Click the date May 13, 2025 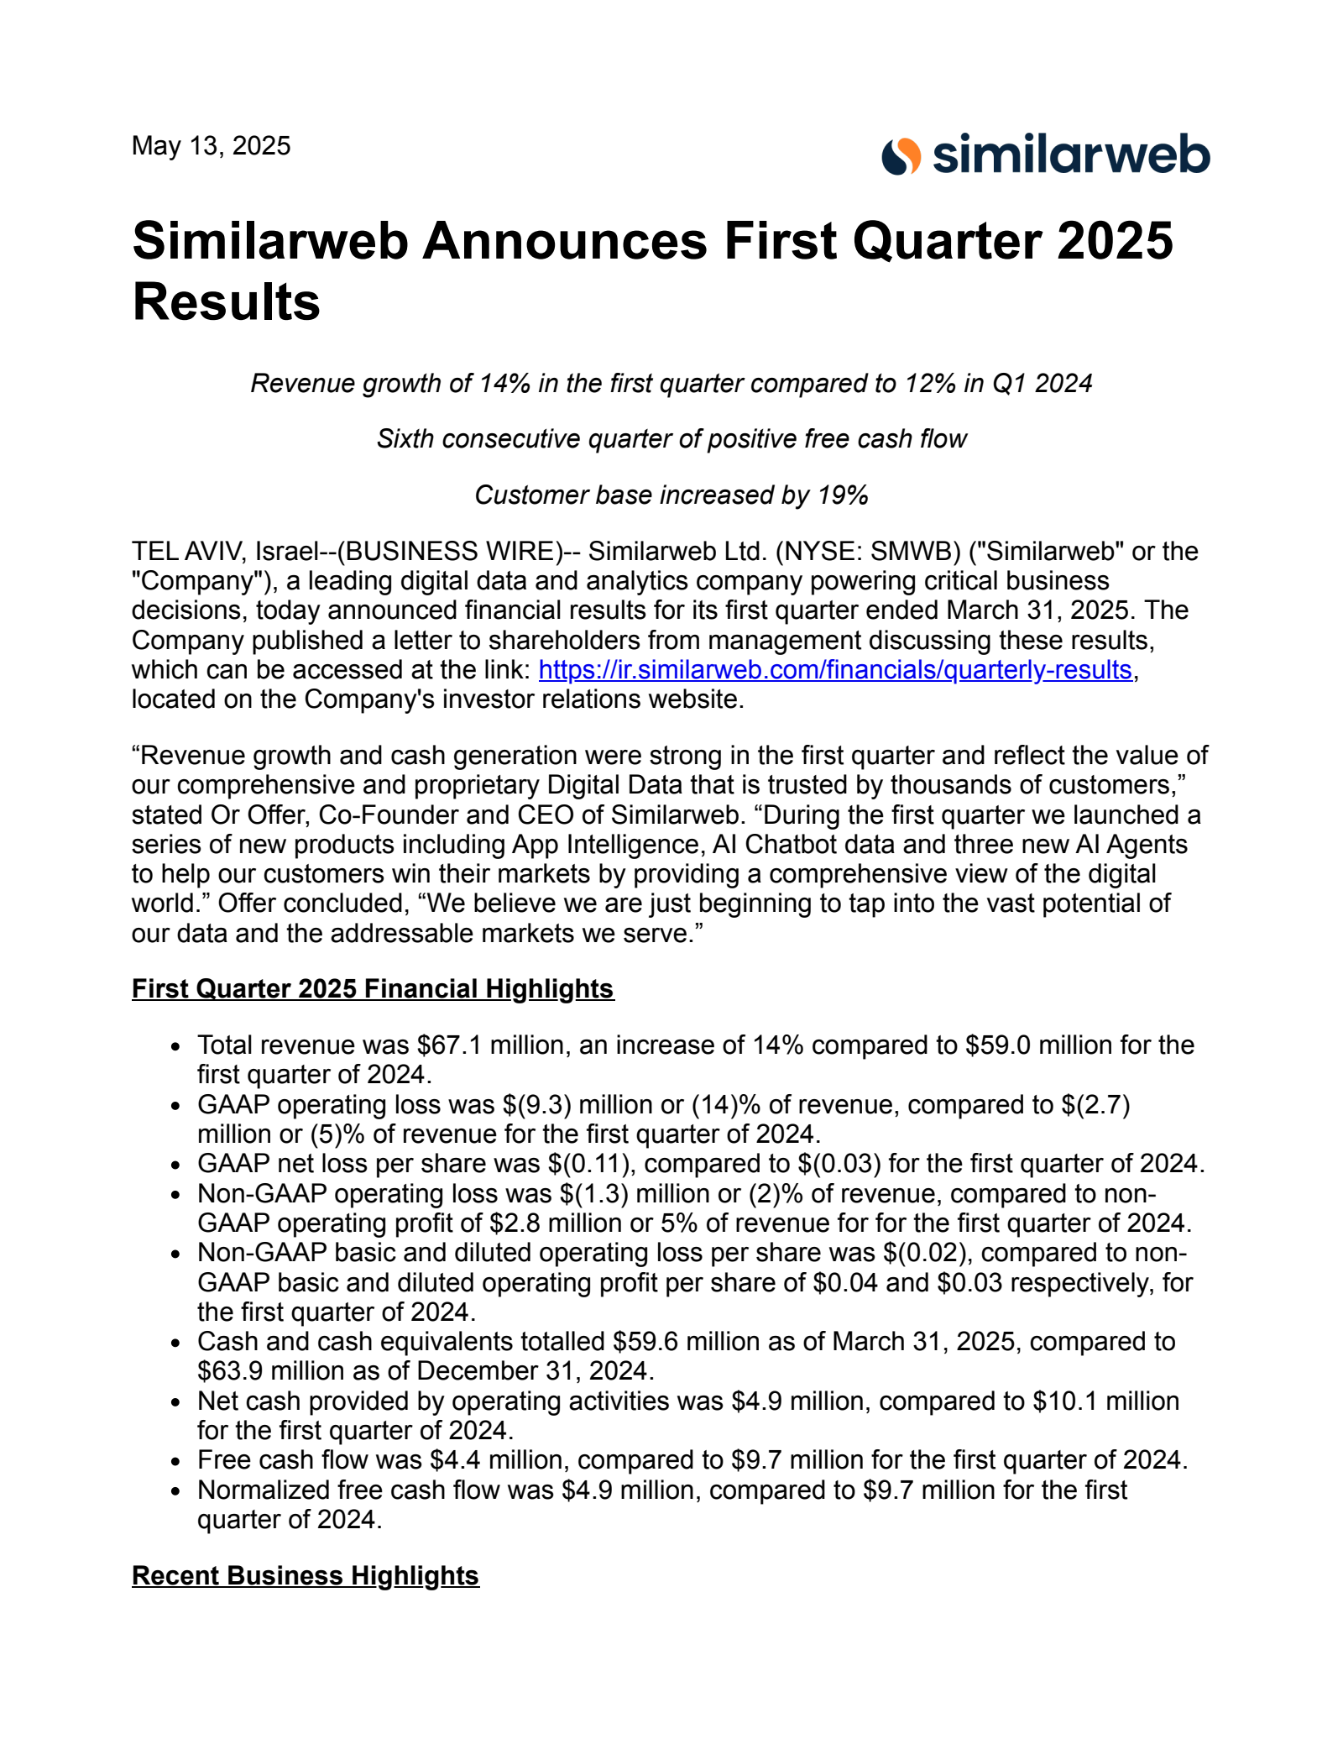(x=211, y=146)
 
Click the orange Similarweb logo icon (x=901, y=157)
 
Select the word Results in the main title (x=227, y=302)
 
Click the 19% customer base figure (x=843, y=495)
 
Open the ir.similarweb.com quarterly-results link (x=834, y=670)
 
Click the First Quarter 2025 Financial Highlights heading (x=373, y=989)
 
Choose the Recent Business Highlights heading (x=306, y=1576)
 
